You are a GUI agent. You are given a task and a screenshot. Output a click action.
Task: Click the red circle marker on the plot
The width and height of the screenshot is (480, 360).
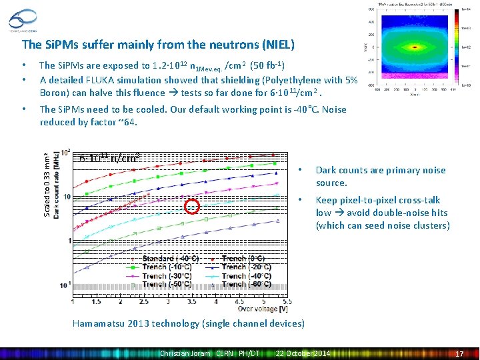click(x=192, y=206)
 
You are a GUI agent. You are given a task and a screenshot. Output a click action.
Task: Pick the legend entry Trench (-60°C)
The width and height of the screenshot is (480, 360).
click(x=241, y=285)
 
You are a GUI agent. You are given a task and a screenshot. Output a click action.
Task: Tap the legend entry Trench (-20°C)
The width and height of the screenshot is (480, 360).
click(x=241, y=267)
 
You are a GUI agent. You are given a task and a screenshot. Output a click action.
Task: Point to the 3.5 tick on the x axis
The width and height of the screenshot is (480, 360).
click(x=192, y=301)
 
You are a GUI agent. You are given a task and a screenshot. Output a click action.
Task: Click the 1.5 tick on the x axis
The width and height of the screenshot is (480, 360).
click(x=97, y=301)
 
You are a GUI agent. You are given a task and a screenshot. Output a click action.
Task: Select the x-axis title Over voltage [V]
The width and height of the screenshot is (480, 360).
click(x=263, y=309)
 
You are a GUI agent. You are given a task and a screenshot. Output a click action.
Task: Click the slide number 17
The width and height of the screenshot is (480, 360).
click(x=459, y=353)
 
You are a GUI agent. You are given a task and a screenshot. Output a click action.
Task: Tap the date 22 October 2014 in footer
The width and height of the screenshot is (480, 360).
click(x=303, y=353)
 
